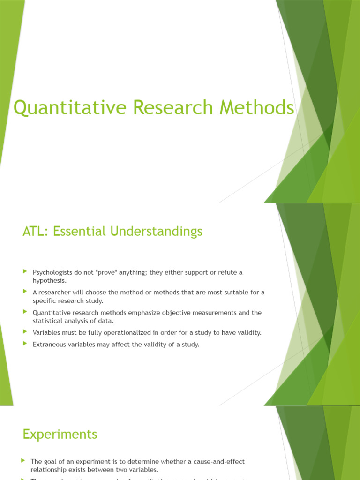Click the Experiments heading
(x=60, y=434)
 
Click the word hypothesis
(x=49, y=280)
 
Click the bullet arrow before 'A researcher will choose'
(x=25, y=291)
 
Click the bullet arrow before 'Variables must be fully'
(x=25, y=331)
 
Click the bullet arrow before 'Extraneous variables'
(x=25, y=344)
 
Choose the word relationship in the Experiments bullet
(x=49, y=469)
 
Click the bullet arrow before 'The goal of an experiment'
(x=23, y=461)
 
